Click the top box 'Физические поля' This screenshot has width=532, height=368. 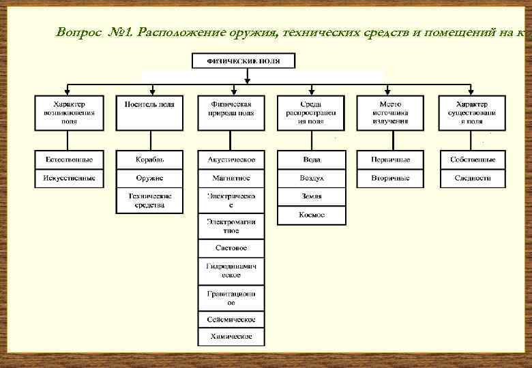click(243, 61)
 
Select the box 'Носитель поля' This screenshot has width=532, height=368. click(149, 112)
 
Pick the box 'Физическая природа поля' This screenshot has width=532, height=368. click(231, 112)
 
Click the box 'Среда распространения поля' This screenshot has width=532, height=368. click(312, 112)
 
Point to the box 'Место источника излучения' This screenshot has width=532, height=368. click(391, 112)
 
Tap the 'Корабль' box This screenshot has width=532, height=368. click(149, 159)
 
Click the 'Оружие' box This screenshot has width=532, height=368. click(149, 178)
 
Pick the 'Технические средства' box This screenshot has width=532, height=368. click(149, 200)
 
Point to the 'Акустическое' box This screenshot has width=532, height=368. click(231, 159)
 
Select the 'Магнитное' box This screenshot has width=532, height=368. click(231, 178)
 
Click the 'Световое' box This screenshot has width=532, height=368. click(231, 248)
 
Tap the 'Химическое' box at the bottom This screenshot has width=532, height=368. click(231, 337)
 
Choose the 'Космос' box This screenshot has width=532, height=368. click(312, 215)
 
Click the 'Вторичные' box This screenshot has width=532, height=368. click(391, 178)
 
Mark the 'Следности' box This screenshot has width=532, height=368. click(472, 178)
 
